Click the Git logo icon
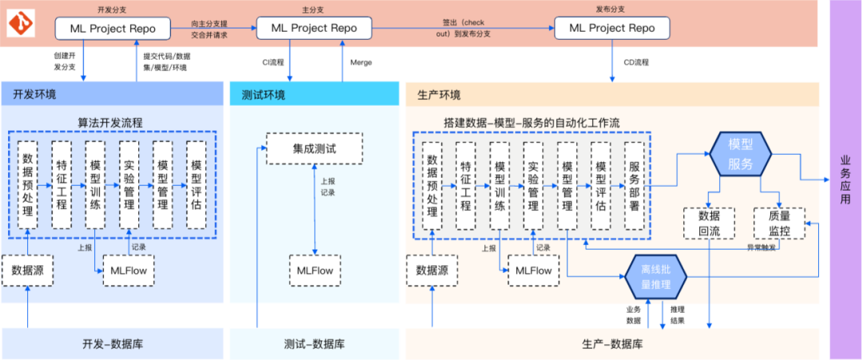tap(21, 25)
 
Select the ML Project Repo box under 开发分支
tap(113, 28)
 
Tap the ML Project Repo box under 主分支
tap(314, 28)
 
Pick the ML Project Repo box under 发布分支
tap(611, 28)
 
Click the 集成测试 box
tap(314, 148)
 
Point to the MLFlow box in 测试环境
tap(314, 271)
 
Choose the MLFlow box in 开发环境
tap(129, 271)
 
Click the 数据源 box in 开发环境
tap(27, 271)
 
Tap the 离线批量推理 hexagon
tap(654, 277)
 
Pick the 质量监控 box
tap(779, 224)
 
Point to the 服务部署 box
tap(635, 186)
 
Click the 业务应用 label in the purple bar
tap(845, 180)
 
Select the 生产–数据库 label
tap(611, 345)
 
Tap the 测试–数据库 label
tap(314, 345)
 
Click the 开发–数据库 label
tap(113, 345)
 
